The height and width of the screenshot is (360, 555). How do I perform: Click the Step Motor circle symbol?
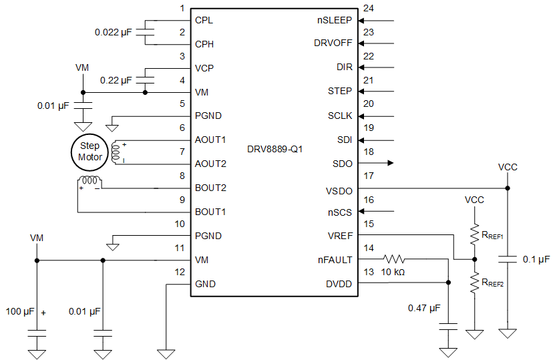coord(89,151)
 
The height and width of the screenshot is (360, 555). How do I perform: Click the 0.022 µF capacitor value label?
coord(114,32)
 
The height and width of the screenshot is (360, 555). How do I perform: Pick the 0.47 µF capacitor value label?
coord(423,308)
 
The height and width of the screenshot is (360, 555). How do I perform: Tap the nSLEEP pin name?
coord(335,20)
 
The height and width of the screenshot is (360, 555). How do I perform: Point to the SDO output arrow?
coord(389,163)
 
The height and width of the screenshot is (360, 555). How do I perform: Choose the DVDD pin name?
coord(339,283)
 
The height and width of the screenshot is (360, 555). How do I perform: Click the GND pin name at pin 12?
coord(205,283)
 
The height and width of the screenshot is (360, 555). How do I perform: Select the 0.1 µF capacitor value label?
coord(536,259)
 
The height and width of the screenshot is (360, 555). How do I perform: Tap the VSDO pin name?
coord(339,191)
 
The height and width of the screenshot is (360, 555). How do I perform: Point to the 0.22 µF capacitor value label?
coord(116,80)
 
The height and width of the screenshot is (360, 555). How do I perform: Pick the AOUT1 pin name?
coord(210,140)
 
